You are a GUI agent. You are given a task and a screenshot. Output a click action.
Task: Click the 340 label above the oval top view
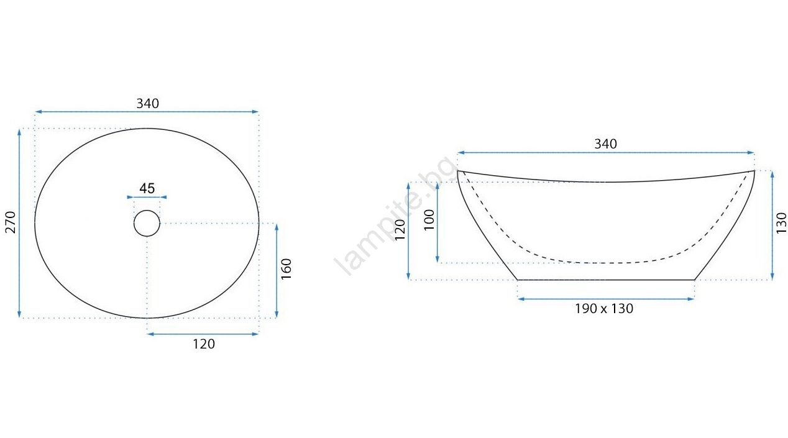[x=148, y=103]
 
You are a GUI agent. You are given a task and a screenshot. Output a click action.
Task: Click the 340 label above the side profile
[x=605, y=144]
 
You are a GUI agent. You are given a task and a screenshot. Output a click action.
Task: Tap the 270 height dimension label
[x=11, y=222]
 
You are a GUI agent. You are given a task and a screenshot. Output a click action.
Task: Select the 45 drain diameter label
[x=147, y=189]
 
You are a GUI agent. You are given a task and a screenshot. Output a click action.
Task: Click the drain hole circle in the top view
[x=147, y=211]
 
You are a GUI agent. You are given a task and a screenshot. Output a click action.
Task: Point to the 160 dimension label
[x=286, y=269]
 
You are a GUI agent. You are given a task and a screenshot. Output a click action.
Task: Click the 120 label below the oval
[x=204, y=344]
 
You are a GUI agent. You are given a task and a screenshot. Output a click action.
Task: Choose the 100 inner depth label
[x=429, y=220]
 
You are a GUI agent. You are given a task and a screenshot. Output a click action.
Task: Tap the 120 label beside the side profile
[x=400, y=230]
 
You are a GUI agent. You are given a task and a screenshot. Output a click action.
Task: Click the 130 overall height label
[x=781, y=223]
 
